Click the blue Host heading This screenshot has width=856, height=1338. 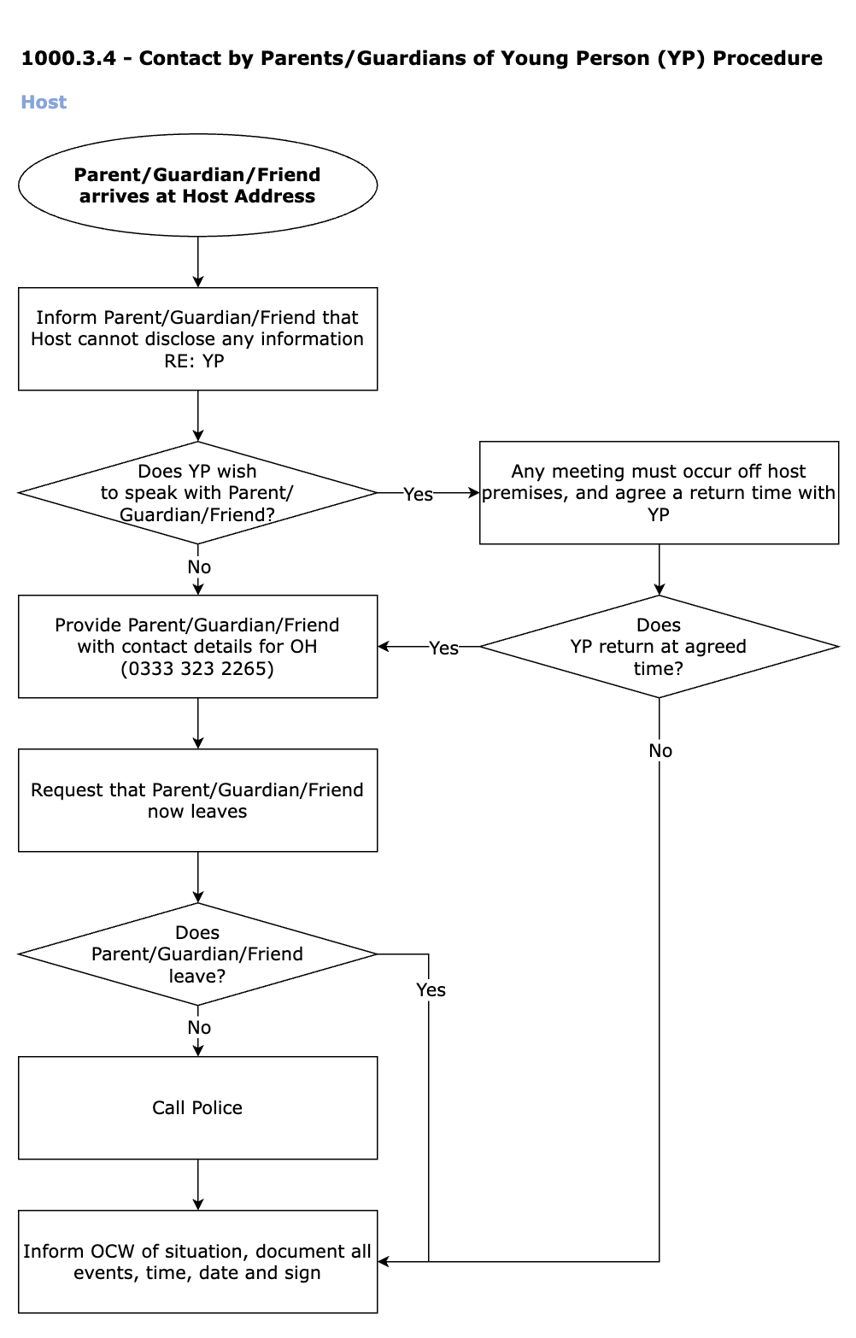44,103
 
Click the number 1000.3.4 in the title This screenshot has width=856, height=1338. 68,59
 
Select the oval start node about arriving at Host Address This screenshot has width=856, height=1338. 197,185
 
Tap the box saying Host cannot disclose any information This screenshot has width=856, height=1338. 197,338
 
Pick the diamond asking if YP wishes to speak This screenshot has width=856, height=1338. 197,493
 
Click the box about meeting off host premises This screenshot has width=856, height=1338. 659,493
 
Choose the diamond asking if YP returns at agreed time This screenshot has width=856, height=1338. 659,646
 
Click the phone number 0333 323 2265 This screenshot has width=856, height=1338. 197,668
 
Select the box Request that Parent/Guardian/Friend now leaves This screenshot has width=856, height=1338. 197,801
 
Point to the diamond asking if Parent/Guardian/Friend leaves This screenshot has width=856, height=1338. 197,954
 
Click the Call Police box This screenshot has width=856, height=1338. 197,1108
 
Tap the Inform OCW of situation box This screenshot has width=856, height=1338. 197,1262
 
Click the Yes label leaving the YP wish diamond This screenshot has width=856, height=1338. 418,494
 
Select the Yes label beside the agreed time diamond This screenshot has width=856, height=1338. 444,648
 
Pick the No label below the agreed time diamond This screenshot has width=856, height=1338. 660,751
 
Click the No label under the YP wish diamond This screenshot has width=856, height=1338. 199,566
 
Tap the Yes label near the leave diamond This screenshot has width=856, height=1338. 431,989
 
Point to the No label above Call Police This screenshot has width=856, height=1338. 199,1027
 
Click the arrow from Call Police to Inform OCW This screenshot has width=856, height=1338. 197,1184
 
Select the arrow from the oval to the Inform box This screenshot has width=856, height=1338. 197,261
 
